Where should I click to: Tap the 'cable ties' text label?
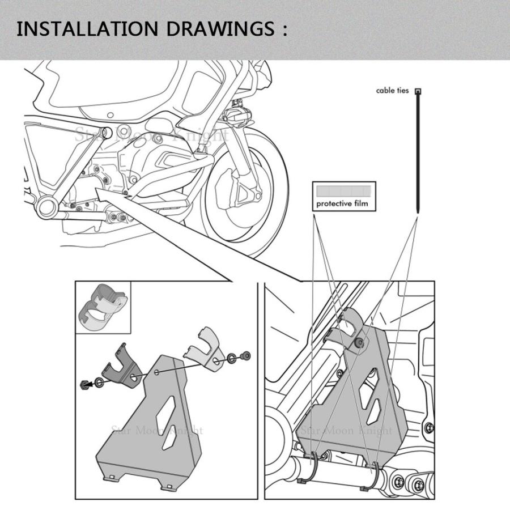click(x=392, y=91)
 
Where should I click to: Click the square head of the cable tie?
click(x=418, y=91)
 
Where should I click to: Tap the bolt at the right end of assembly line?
click(x=246, y=356)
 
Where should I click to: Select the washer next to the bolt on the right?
click(x=232, y=358)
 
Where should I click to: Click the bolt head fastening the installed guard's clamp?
click(x=359, y=342)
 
